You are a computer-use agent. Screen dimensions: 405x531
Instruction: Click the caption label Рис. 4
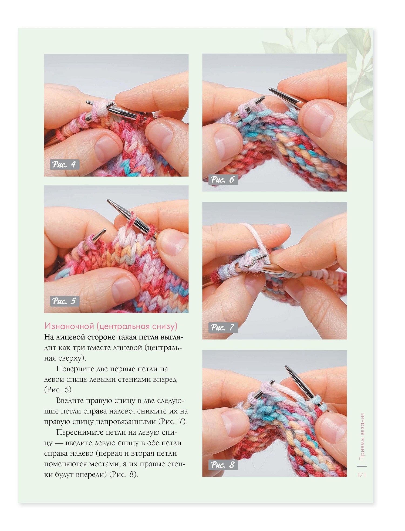(65, 164)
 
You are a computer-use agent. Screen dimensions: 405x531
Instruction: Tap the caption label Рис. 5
(65, 301)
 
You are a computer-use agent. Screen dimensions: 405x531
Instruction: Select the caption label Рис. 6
(223, 180)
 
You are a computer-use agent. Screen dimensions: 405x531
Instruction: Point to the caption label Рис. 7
(223, 327)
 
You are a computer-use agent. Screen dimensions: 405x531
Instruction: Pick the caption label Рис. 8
(223, 465)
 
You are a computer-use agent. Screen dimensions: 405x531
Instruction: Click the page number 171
(362, 475)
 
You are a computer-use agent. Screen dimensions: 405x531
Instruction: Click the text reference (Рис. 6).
(59, 390)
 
